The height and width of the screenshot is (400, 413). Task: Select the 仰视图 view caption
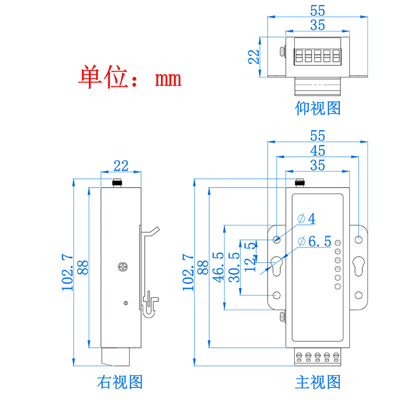[318, 108]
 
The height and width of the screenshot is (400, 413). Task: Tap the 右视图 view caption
[120, 382]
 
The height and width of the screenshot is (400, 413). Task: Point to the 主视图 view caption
[318, 382]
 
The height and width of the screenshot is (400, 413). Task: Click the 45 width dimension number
[317, 151]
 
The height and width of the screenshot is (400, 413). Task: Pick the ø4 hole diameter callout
[306, 218]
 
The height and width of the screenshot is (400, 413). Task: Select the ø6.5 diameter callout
[314, 241]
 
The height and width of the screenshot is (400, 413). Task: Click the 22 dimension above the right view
[121, 166]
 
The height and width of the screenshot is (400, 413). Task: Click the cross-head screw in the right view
[123, 267]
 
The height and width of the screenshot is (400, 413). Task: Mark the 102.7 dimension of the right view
[67, 272]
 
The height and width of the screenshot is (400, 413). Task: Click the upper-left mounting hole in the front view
[277, 239]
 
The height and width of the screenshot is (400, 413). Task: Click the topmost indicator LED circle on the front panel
[338, 243]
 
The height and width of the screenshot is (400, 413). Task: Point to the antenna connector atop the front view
[300, 182]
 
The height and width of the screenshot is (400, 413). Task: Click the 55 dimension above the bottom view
[317, 10]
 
